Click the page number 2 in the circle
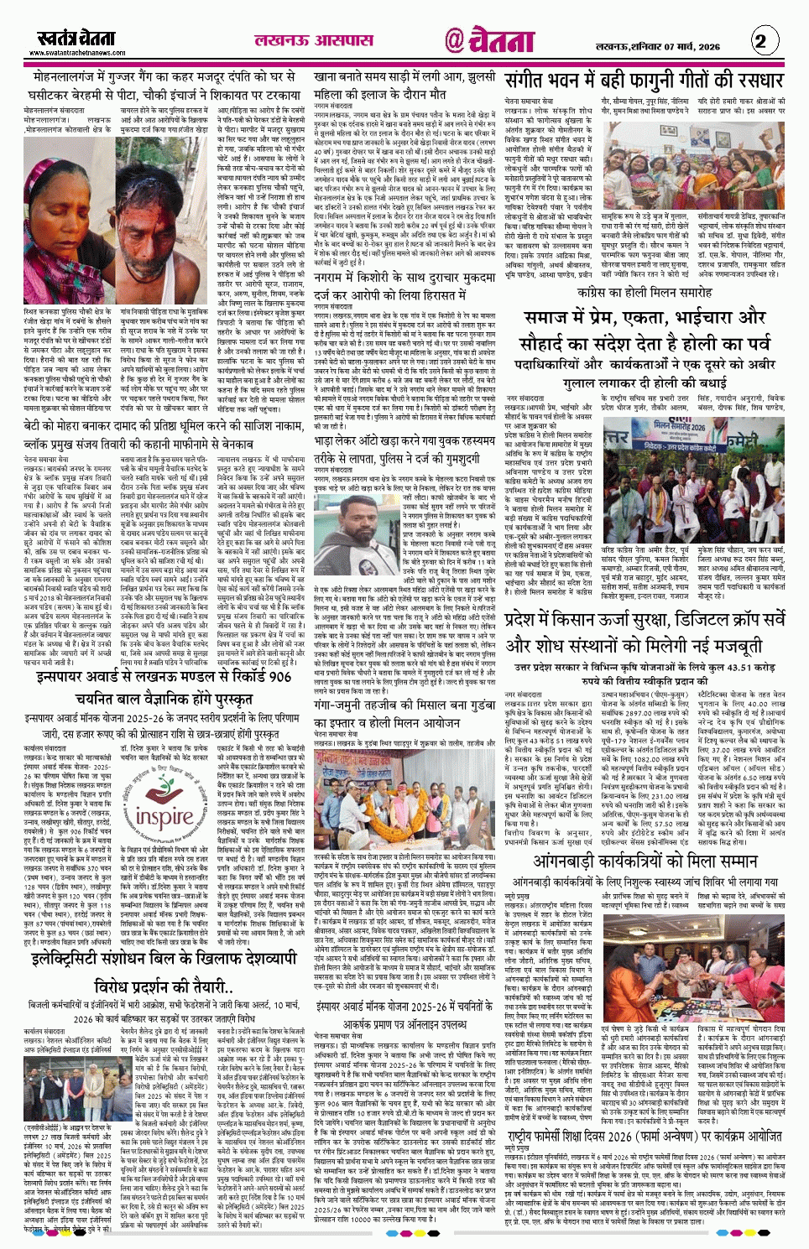760,40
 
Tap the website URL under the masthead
77,53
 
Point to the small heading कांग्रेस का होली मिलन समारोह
645,293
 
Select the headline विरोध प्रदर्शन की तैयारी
163,985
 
